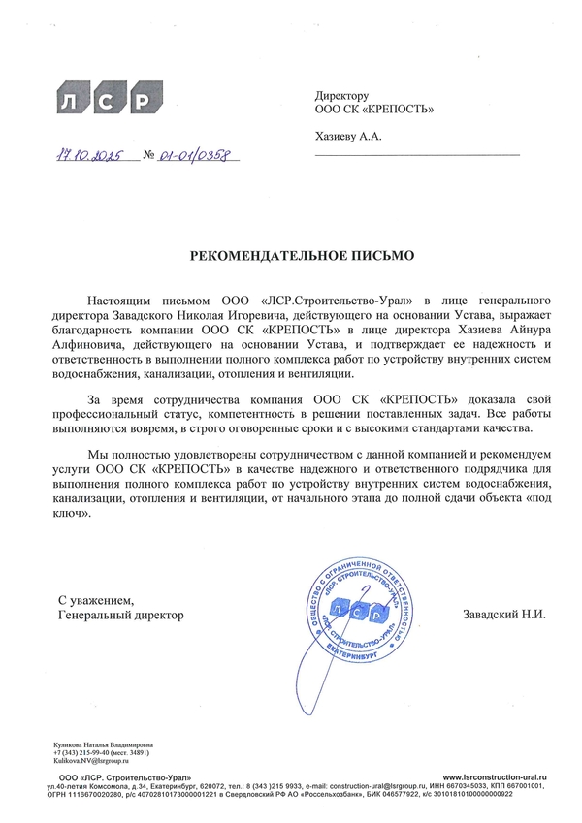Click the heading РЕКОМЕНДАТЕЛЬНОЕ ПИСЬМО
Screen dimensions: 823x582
pyautogui.click(x=301, y=256)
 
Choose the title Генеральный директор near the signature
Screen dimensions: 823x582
pyautogui.click(x=120, y=615)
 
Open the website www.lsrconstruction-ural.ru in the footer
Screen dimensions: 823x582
pyautogui.click(x=496, y=778)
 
